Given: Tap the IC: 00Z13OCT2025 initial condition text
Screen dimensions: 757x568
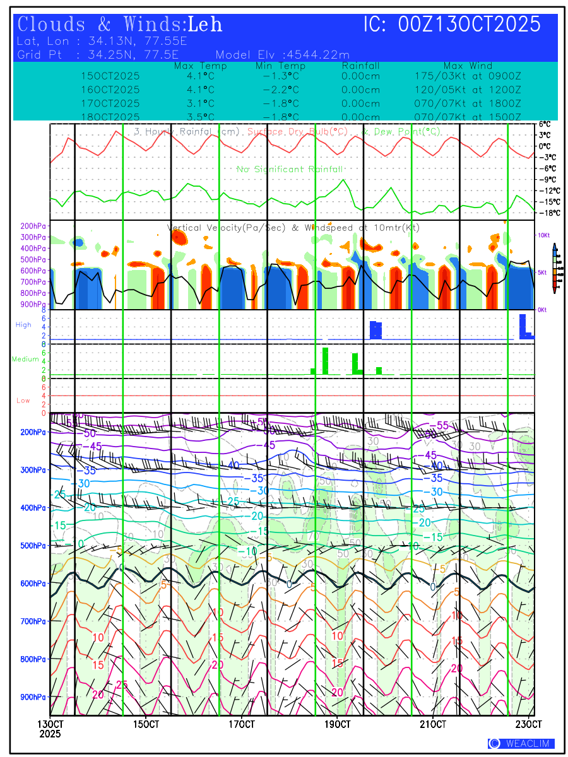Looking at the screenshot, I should coord(452,25).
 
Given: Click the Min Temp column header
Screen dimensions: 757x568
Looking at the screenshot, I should coord(280,66).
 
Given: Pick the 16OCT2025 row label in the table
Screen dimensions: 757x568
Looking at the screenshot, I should coord(110,90).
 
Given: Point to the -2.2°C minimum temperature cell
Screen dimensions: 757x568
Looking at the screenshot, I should coord(280,90).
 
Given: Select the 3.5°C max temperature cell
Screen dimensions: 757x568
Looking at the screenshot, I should coord(201,117).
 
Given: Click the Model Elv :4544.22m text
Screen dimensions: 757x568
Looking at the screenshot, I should coord(283,54).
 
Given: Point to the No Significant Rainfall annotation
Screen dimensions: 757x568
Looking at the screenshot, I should coord(290,169).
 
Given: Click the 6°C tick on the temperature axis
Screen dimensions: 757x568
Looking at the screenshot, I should coord(544,124).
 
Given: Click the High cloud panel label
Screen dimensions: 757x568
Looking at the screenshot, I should coord(23,324).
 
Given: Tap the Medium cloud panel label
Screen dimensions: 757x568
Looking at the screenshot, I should coord(26,359).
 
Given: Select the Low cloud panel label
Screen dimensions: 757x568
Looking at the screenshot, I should coord(23,401).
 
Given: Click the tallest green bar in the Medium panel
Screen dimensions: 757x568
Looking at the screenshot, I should coord(325,361).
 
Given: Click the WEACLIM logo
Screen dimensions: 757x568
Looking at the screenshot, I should coord(521,743).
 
